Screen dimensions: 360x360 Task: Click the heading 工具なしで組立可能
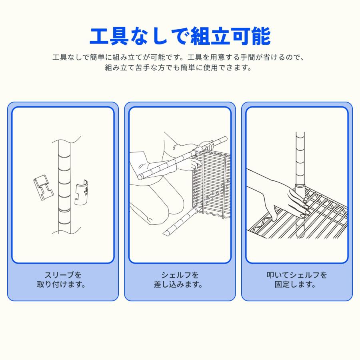(x=180, y=36)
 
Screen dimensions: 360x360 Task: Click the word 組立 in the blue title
(x=210, y=36)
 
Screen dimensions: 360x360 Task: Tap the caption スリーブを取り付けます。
(x=63, y=280)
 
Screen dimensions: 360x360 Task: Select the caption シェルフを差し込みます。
(x=180, y=280)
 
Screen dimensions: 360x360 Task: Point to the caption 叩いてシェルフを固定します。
(x=297, y=280)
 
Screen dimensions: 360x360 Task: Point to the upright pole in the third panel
(x=300, y=160)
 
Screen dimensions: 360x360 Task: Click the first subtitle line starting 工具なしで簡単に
(x=180, y=57)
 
